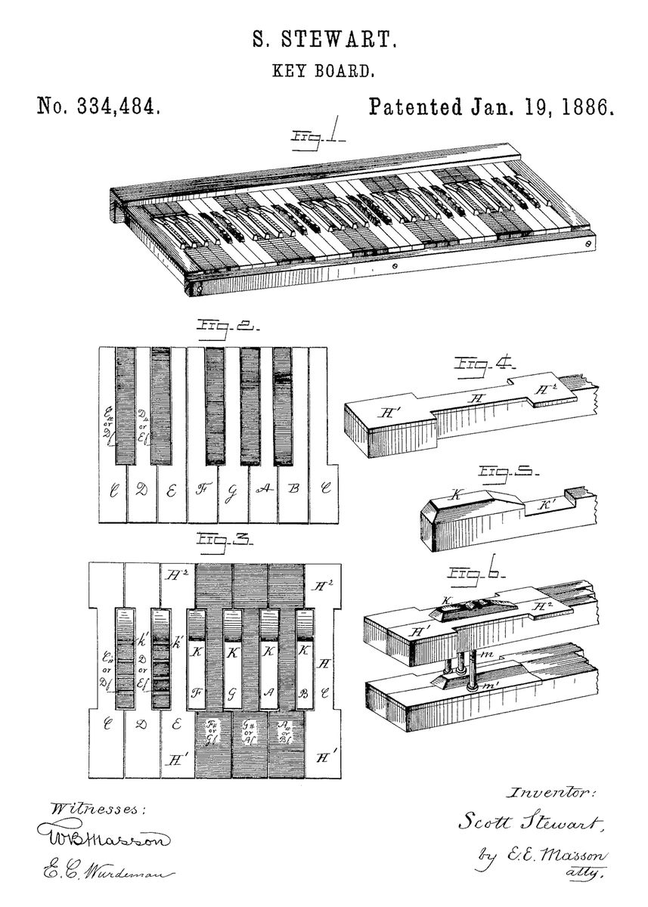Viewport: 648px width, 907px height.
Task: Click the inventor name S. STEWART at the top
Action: click(324, 39)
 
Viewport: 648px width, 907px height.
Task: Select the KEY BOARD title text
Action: click(324, 73)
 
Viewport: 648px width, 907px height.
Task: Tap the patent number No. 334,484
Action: click(98, 107)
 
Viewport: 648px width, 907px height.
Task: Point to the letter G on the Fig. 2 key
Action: click(232, 490)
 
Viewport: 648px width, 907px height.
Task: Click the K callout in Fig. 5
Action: click(456, 496)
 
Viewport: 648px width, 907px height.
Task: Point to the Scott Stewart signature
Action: click(529, 822)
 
